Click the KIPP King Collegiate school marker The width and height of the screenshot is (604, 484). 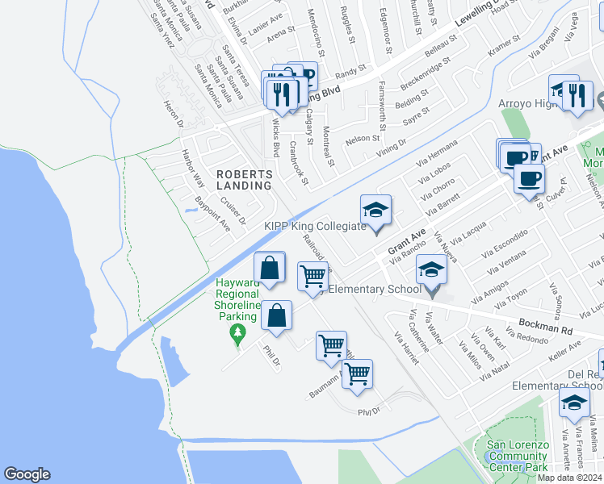coord(375,211)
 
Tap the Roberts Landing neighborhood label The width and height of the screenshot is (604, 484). coord(243,179)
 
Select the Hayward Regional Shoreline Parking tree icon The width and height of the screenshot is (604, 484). coord(237,332)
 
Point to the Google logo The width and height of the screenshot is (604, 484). coord(27,474)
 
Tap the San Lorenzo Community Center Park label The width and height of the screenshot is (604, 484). coord(518,456)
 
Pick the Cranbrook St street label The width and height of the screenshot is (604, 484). coord(299,162)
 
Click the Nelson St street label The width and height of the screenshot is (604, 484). coord(362,139)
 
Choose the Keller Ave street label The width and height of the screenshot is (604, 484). coord(564,350)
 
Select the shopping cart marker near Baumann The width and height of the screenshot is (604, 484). coord(357,373)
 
